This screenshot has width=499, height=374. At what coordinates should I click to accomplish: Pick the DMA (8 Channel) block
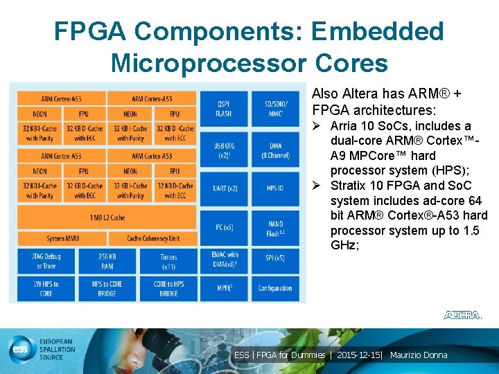275,150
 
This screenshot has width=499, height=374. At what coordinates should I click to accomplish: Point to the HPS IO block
275,188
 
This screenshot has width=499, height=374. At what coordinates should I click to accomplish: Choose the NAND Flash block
275,229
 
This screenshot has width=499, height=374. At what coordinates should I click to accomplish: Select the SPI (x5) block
275,258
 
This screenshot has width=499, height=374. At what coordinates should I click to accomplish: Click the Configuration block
275,288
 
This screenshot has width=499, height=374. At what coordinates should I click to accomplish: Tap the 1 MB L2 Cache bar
107,217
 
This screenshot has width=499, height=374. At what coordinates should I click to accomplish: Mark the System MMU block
62,239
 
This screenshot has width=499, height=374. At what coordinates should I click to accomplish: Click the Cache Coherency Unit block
153,239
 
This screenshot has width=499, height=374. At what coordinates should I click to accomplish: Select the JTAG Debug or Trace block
46,261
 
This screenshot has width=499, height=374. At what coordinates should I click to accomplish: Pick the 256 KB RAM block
107,261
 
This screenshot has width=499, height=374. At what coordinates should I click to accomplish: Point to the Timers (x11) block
168,261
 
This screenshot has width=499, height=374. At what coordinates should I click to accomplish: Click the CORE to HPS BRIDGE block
168,289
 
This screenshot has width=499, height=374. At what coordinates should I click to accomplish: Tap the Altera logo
462,315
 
